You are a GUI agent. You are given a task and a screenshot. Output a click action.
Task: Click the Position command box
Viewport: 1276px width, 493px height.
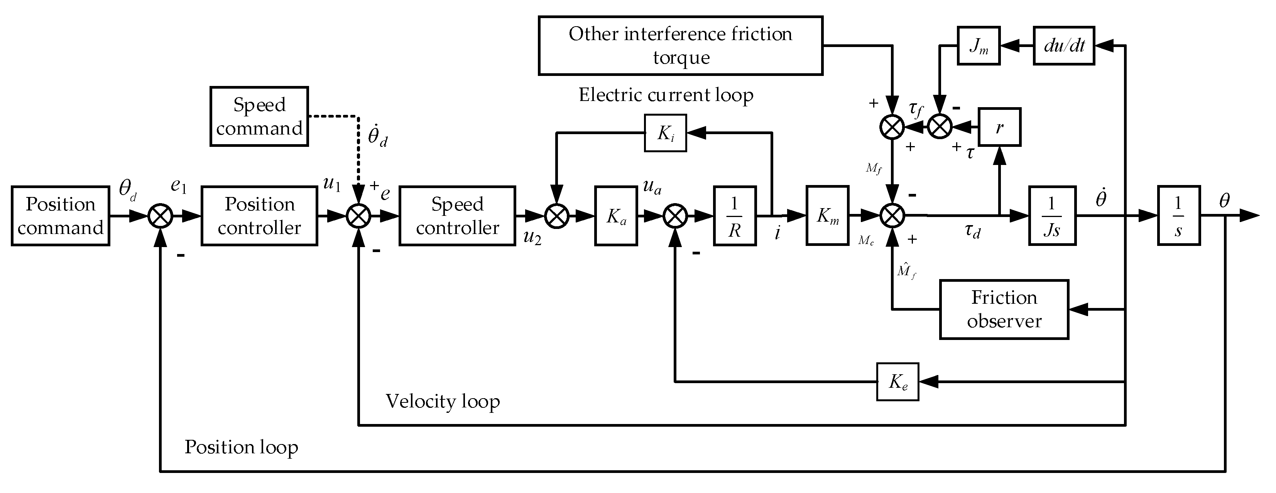(x=61, y=216)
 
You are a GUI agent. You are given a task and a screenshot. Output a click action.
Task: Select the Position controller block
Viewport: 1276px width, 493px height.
(x=259, y=216)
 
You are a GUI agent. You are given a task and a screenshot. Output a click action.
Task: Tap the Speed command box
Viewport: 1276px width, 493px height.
(x=259, y=116)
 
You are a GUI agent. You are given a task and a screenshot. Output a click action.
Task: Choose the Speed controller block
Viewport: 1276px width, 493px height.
(x=457, y=216)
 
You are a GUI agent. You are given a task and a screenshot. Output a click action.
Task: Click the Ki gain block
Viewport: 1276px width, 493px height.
(x=665, y=133)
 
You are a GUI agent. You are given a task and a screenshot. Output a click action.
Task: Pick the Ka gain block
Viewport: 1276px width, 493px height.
(x=616, y=216)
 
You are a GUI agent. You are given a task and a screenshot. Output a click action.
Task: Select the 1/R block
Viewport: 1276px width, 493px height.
(x=735, y=216)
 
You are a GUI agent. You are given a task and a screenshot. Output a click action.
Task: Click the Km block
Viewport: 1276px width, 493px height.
(x=827, y=215)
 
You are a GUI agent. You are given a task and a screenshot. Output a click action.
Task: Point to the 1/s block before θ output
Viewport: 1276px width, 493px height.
(x=1178, y=215)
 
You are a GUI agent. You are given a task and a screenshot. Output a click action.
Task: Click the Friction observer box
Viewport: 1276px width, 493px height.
(x=1004, y=310)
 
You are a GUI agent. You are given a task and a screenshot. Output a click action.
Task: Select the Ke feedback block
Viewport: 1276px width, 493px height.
(x=897, y=382)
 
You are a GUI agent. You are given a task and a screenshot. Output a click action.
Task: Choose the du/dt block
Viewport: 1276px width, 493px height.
(x=1063, y=45)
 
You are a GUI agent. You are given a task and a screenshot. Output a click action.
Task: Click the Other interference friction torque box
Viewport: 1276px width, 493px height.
(x=681, y=45)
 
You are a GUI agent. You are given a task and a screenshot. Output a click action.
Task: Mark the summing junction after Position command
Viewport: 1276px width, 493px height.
(x=161, y=216)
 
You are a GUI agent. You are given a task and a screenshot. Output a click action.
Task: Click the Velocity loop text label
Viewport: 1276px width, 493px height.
(x=442, y=401)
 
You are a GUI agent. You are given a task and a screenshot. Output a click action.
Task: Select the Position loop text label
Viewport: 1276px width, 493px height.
(x=241, y=447)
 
